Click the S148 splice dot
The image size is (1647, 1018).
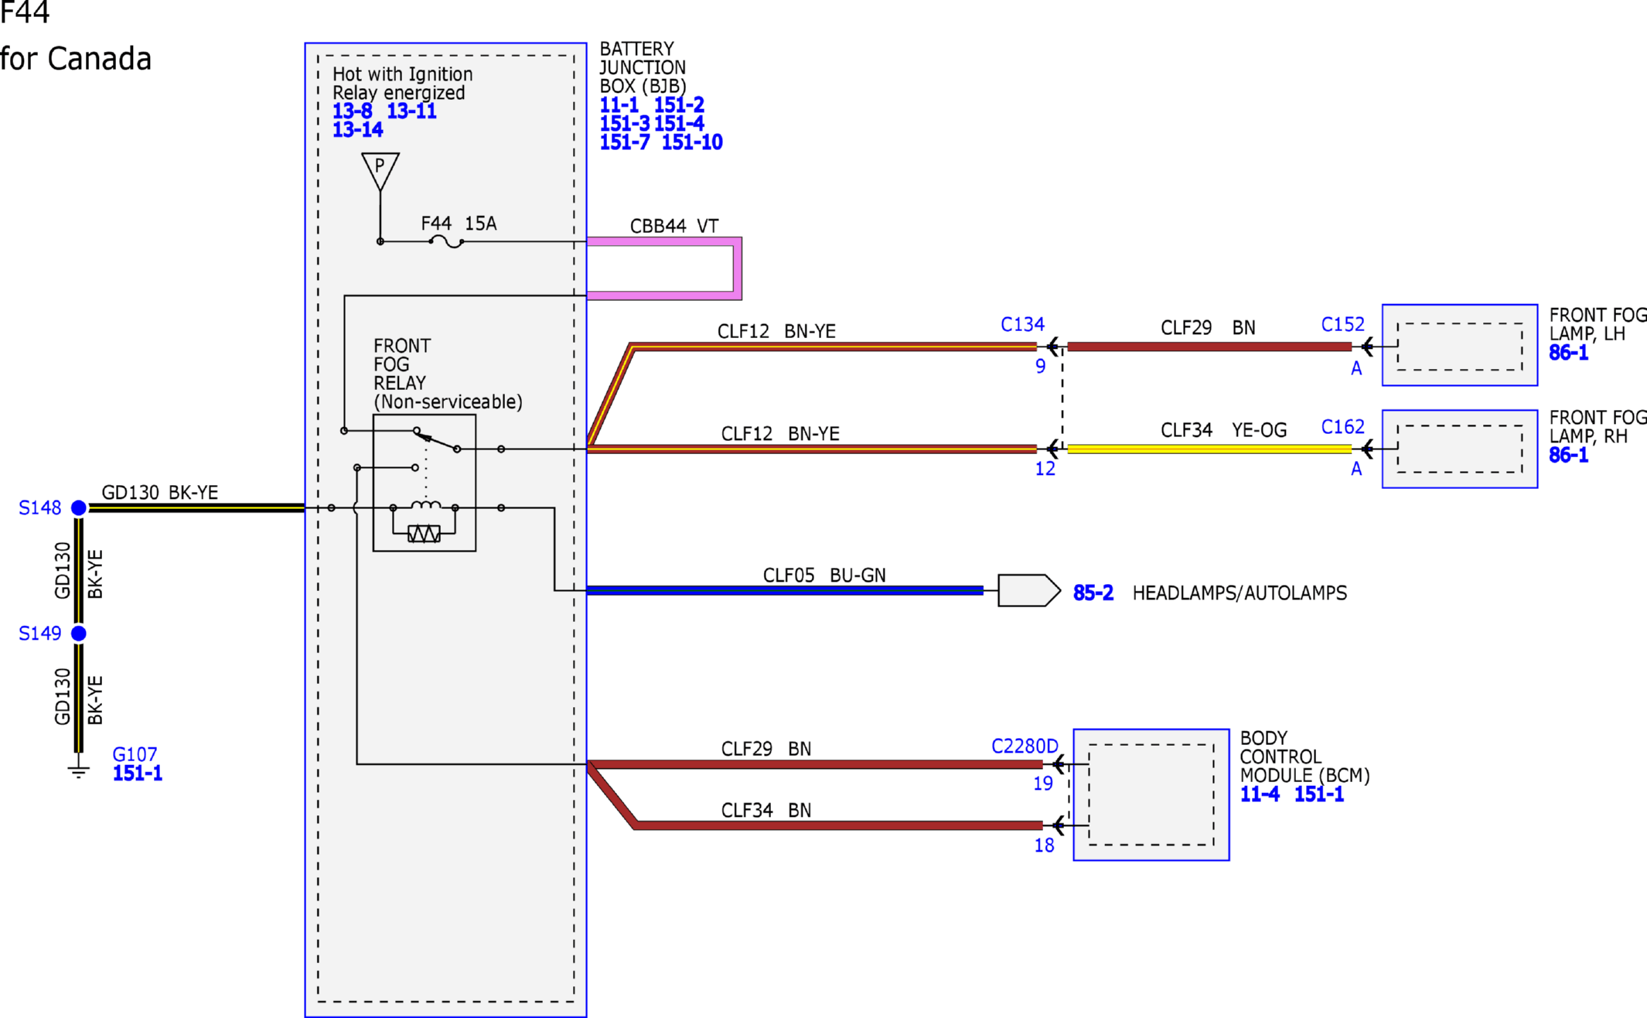(x=79, y=507)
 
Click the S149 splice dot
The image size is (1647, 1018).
(x=79, y=634)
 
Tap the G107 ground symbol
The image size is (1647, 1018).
(x=78, y=769)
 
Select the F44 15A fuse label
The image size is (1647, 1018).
(x=459, y=224)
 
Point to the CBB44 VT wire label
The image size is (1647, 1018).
(x=674, y=226)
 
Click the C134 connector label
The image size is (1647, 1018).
(x=1022, y=324)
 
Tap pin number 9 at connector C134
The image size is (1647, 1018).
(x=1041, y=367)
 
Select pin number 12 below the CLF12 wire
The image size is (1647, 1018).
(x=1045, y=469)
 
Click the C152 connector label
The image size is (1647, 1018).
(x=1343, y=324)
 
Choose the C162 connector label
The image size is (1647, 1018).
(x=1343, y=427)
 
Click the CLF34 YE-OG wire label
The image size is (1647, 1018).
(x=1224, y=430)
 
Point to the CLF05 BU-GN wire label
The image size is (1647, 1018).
(x=824, y=576)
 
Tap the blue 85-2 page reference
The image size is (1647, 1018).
(x=1093, y=593)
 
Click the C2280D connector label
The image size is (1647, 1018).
(x=1025, y=746)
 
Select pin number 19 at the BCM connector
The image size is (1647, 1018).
(x=1043, y=784)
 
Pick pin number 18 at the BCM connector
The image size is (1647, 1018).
(x=1044, y=845)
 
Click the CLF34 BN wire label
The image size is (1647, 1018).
(x=766, y=810)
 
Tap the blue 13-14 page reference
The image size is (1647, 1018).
(x=357, y=130)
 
